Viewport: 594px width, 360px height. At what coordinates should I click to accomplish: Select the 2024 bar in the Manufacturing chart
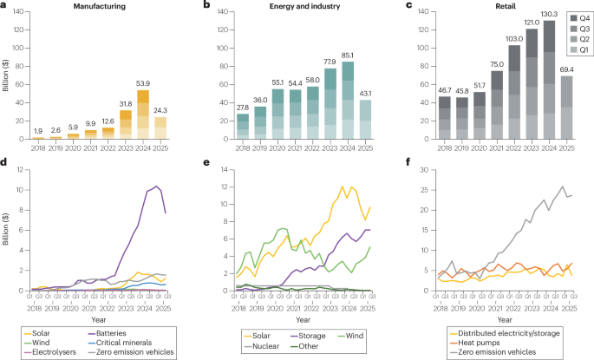(143, 115)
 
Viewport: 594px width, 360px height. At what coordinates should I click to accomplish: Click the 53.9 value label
(143, 85)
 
